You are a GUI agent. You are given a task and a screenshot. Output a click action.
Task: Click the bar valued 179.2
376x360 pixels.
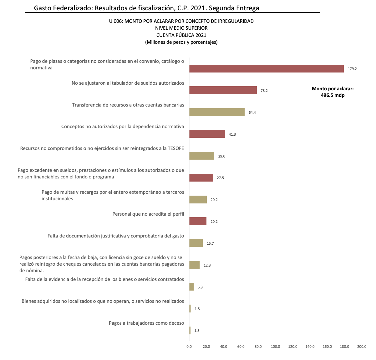click(267, 69)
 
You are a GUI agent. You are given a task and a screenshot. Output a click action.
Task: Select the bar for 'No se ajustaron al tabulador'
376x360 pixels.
click(223, 90)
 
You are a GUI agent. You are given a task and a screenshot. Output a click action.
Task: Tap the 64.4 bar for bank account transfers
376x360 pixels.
click(217, 112)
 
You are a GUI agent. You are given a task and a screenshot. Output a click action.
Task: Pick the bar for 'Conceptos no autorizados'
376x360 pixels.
click(207, 134)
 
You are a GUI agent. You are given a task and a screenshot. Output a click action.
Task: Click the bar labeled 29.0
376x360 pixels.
click(202, 156)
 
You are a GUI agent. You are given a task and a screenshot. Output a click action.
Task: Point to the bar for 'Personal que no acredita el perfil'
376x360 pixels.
click(198, 221)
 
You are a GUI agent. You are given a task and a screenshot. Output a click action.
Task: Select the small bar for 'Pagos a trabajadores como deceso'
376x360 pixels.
click(190, 330)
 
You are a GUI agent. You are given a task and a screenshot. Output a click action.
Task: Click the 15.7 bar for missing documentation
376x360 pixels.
click(196, 243)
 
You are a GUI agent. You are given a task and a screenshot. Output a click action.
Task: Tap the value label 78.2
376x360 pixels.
click(264, 91)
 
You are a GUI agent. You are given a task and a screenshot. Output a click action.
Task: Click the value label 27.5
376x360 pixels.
click(220, 178)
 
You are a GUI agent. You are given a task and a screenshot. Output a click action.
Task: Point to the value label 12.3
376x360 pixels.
click(207, 265)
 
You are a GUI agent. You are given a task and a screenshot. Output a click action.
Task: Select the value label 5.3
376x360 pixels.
click(200, 287)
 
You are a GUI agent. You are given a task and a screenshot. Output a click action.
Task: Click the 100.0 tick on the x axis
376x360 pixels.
click(275, 347)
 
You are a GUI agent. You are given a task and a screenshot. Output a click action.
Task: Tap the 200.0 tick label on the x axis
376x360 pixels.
click(362, 347)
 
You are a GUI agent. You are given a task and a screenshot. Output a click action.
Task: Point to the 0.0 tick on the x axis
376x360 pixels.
click(189, 347)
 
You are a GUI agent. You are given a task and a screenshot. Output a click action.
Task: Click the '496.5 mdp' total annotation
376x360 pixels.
click(333, 95)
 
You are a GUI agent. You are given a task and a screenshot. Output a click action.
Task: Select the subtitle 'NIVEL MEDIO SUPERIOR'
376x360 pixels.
click(181, 28)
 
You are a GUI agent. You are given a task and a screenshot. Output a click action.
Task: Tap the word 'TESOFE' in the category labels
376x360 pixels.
click(176, 148)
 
